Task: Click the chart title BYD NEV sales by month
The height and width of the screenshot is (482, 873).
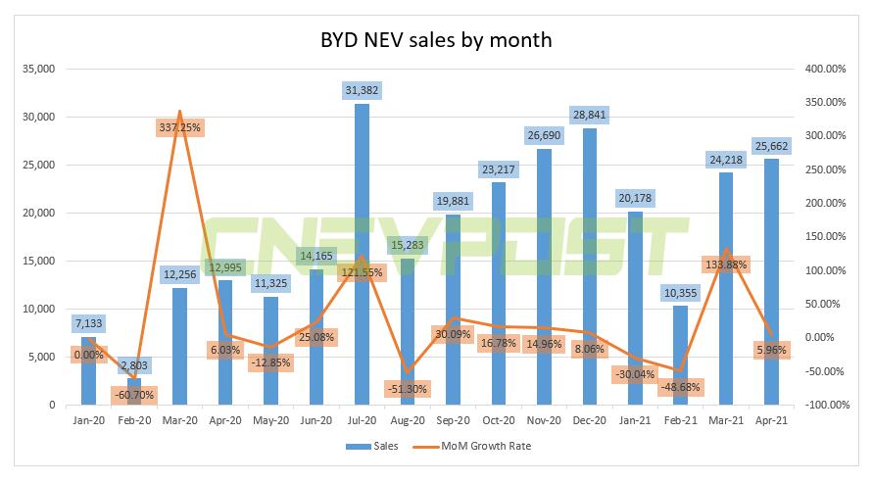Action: click(436, 40)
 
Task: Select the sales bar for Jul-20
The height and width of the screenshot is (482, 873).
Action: click(362, 255)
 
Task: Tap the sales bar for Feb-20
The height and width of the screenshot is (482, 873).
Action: click(133, 391)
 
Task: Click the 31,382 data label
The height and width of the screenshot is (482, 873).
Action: click(362, 90)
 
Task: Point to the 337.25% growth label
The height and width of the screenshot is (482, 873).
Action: click(179, 127)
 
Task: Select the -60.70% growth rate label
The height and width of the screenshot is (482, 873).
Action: click(135, 395)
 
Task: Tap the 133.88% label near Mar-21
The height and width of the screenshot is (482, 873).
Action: click(726, 264)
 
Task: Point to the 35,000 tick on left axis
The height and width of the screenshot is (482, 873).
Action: click(38, 70)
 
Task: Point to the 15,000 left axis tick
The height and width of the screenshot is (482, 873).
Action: click(38, 262)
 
